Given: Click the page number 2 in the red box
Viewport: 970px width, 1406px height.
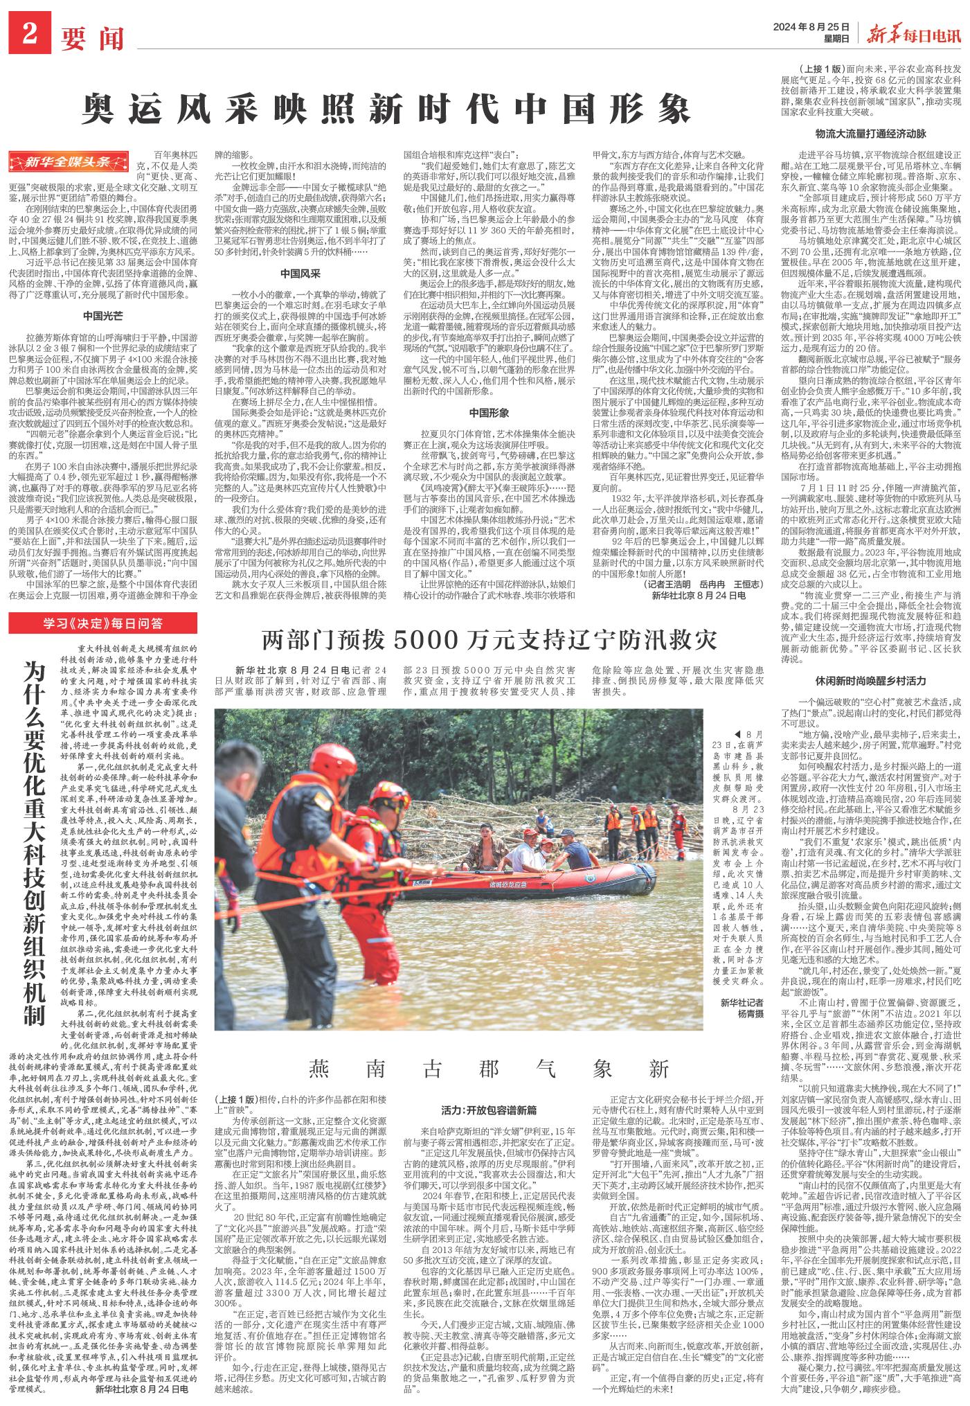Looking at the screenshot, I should point(29,32).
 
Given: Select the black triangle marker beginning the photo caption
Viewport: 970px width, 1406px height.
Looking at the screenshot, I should point(737,734).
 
